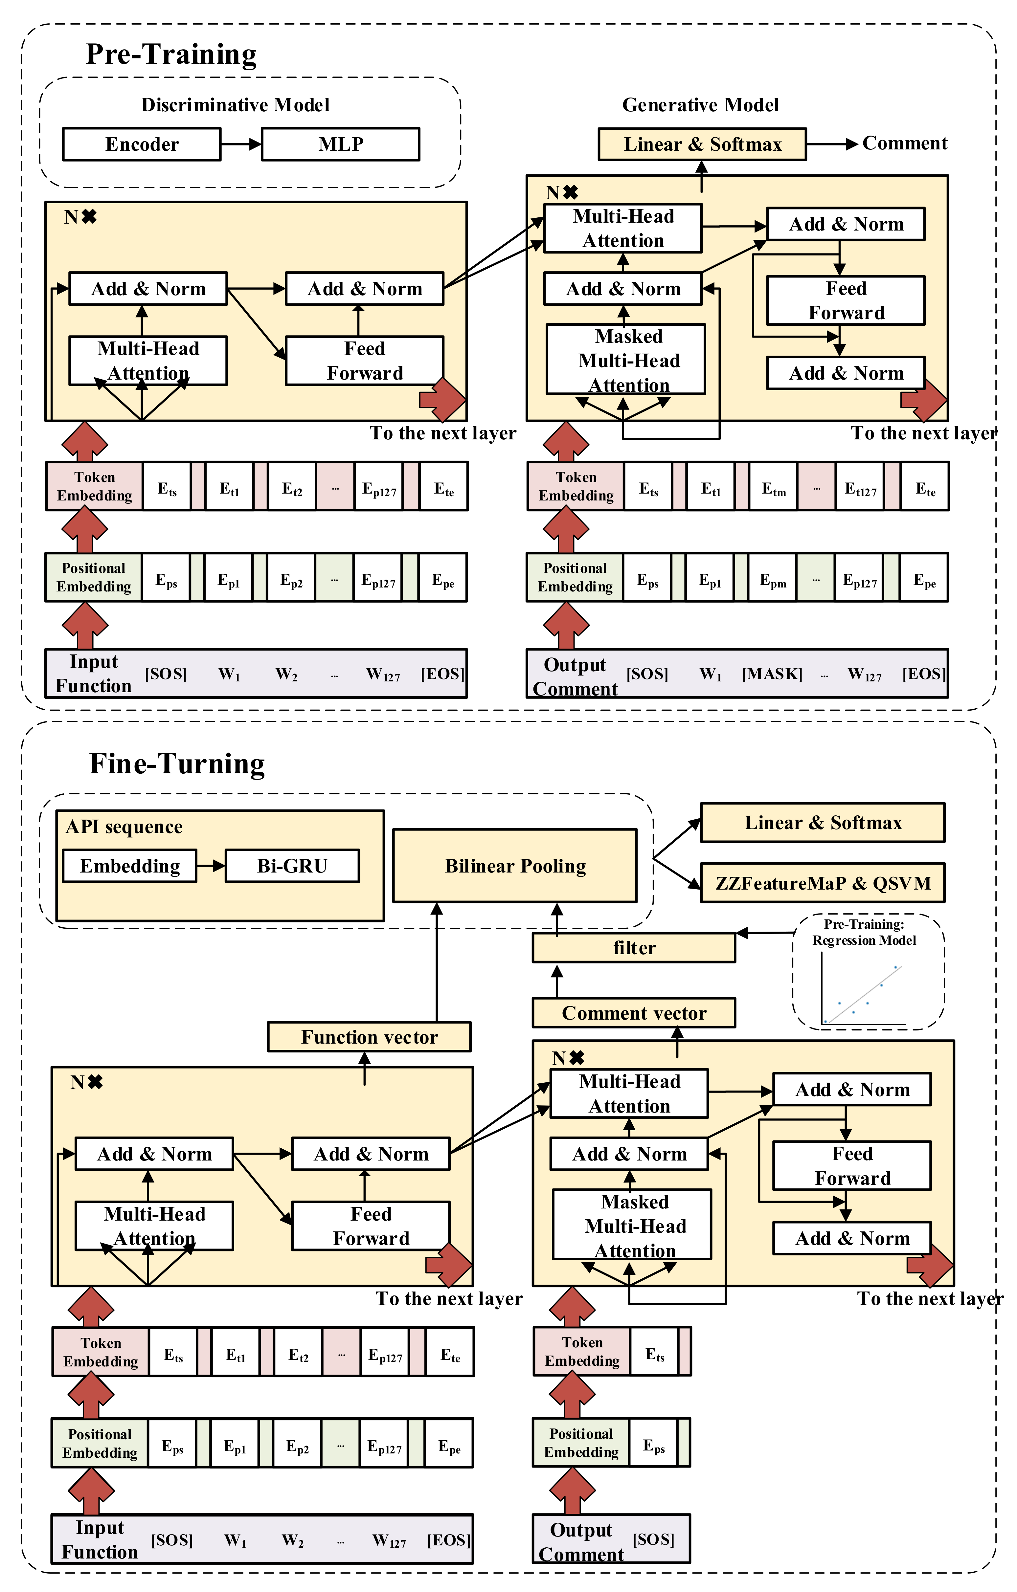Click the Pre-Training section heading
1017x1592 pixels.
(x=171, y=54)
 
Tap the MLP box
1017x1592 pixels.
(x=341, y=144)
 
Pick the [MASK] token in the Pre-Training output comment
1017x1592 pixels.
(x=772, y=674)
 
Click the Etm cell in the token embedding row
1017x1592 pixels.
(x=774, y=489)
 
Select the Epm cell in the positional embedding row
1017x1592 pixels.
(x=772, y=581)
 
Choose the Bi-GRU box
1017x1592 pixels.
(x=292, y=866)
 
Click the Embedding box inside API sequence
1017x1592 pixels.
(x=130, y=866)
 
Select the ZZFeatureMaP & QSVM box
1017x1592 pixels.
(x=823, y=883)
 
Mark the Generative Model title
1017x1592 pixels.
(x=700, y=105)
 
